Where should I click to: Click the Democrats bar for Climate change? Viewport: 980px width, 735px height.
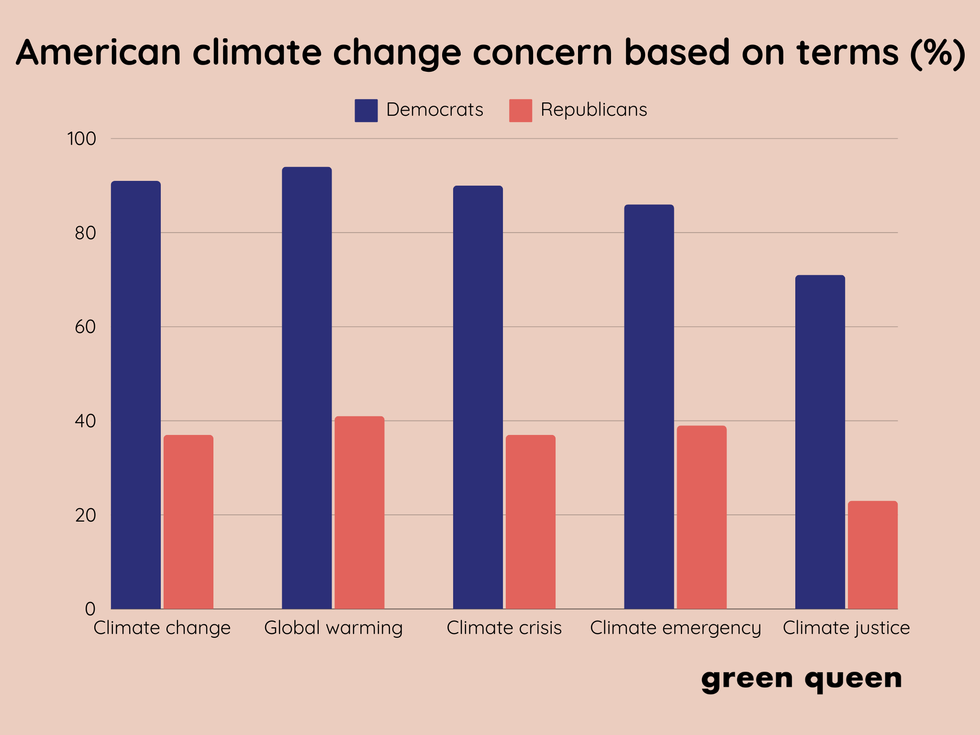pos(136,395)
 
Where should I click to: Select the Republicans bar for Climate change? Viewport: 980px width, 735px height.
pos(189,522)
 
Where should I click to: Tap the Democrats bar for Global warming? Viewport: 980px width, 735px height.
pos(307,388)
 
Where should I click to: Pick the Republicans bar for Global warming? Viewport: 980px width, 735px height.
pos(359,512)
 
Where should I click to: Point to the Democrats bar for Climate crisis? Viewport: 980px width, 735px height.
pos(478,397)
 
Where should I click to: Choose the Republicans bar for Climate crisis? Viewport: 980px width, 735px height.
pos(531,522)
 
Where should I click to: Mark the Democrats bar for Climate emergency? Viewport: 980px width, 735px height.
pos(649,407)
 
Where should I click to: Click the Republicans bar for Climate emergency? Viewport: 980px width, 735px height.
pos(702,517)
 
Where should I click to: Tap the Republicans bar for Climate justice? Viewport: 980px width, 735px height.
pos(873,555)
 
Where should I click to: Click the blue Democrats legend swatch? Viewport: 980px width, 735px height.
pos(366,111)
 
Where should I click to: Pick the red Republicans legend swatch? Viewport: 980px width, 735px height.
pos(521,111)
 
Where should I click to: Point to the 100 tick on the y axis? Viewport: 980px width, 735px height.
pos(82,139)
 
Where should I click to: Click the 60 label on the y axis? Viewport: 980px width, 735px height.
pos(85,327)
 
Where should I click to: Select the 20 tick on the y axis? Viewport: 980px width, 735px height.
pos(85,515)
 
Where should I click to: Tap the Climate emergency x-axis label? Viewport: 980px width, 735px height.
pos(675,628)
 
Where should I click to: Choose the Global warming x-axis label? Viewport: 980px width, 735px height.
pos(334,628)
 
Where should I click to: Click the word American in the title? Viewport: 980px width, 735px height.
pos(99,52)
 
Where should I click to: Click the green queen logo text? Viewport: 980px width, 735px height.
pos(802,679)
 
